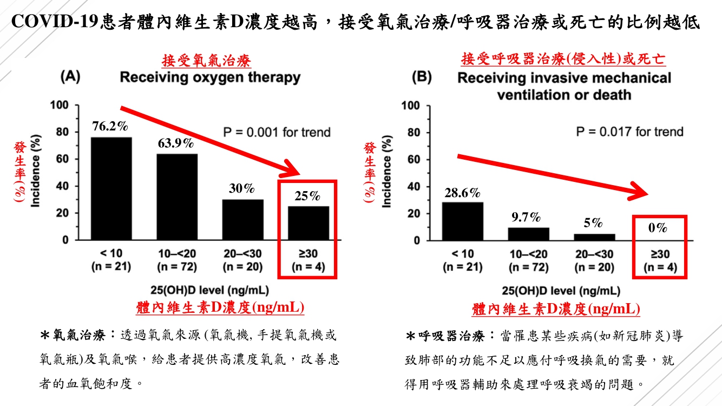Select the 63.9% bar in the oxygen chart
[178, 197]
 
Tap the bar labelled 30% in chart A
[243, 220]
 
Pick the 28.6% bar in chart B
[462, 221]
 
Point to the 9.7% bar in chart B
[528, 234]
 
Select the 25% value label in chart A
[307, 196]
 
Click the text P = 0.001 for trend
[277, 132]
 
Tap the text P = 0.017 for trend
[629, 132]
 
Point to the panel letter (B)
[421, 77]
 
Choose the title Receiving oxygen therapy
[210, 77]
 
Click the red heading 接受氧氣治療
[206, 60]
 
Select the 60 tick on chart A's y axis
[63, 159]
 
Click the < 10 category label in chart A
[111, 254]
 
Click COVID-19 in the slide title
[55, 22]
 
